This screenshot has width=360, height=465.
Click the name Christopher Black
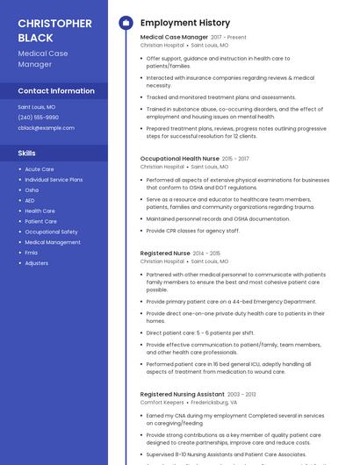click(x=54, y=30)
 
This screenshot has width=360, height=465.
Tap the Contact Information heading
click(x=56, y=90)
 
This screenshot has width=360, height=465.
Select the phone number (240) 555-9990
click(x=39, y=117)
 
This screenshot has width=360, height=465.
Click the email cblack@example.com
click(x=46, y=127)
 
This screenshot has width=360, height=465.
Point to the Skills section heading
click(x=27, y=154)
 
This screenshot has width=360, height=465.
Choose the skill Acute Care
click(x=40, y=169)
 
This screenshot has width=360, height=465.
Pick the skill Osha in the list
click(x=32, y=190)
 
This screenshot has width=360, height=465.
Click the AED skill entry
click(x=30, y=201)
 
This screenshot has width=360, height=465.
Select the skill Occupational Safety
click(x=51, y=232)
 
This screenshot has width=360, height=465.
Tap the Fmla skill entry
click(x=32, y=253)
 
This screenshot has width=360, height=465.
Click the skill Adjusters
click(x=37, y=263)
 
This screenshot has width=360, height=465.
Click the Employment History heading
click(x=185, y=23)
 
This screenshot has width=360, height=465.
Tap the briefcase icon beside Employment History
click(x=125, y=23)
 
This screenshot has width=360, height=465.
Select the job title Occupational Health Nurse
click(x=180, y=159)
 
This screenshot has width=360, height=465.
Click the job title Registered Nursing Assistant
click(x=182, y=395)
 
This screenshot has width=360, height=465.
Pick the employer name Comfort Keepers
click(x=162, y=403)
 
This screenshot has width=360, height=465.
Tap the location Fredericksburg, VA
click(x=216, y=403)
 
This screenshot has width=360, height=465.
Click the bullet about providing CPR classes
click(x=192, y=231)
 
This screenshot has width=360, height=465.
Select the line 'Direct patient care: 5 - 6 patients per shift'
click(x=200, y=333)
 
